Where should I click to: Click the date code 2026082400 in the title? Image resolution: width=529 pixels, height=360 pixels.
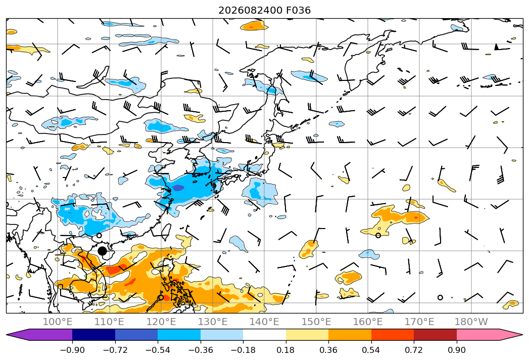coord(250,11)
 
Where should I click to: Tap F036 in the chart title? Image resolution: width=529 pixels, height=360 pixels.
coord(299,11)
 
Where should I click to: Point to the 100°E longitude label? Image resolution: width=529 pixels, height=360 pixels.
coord(58,322)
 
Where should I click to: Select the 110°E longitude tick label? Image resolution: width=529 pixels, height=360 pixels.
coord(109,322)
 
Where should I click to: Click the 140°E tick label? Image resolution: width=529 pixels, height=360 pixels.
coord(264,322)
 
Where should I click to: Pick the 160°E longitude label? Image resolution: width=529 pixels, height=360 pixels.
coord(368,322)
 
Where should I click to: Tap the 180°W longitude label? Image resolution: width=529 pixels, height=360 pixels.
coord(471,322)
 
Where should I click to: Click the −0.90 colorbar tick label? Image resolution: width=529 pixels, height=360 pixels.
coord(72,350)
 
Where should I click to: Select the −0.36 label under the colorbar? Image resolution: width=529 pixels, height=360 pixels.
coord(201,350)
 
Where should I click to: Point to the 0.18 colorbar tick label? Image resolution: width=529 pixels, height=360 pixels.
coord(286,350)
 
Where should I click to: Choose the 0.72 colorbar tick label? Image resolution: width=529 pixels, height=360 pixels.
coord(414,350)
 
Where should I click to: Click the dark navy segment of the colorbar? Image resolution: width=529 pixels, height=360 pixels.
coord(94,335)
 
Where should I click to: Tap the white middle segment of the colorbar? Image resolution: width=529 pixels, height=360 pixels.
coord(265,335)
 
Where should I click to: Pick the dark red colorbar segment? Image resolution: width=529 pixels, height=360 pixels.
coord(435,335)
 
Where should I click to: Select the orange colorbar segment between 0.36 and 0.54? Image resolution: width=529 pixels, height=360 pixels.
coord(350,335)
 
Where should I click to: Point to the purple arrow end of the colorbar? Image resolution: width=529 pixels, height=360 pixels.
coord(40,335)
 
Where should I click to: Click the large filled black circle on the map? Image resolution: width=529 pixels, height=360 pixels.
coord(102,251)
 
